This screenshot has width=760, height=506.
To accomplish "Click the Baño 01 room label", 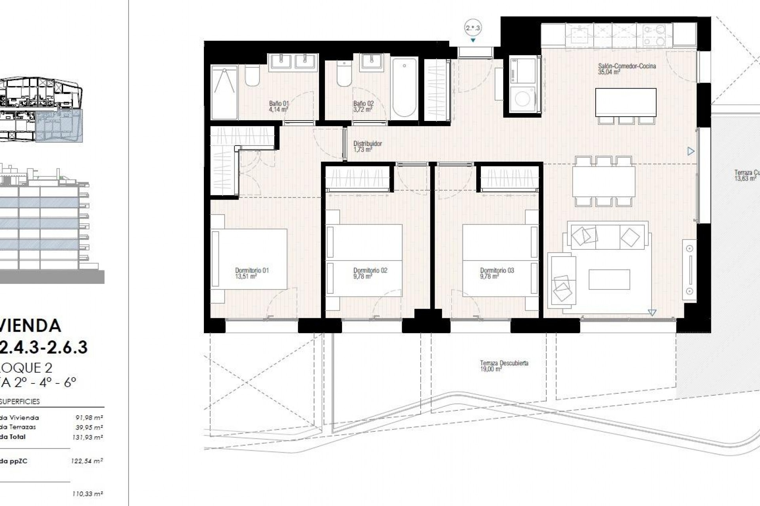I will click(x=279, y=104).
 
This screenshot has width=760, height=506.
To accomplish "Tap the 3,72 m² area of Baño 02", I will click(x=363, y=110).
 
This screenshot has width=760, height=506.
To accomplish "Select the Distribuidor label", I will click(x=367, y=144).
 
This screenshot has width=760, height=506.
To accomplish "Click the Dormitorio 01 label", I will click(x=252, y=270).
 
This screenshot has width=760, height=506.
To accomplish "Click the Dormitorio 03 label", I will click(x=497, y=270).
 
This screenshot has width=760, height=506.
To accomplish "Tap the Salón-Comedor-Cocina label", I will click(x=627, y=66).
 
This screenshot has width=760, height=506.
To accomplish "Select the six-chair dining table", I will click(x=603, y=181).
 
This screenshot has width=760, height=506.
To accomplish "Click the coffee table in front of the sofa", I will click(x=609, y=279).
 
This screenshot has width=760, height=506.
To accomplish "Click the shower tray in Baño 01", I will click(x=224, y=93).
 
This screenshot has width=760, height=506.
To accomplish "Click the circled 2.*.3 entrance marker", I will click(x=473, y=28).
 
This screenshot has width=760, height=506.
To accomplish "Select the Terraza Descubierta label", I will click(x=504, y=363).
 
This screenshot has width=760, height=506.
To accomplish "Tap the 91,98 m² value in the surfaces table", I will click(x=89, y=417).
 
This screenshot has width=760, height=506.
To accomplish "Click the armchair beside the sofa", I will click(x=561, y=281).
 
